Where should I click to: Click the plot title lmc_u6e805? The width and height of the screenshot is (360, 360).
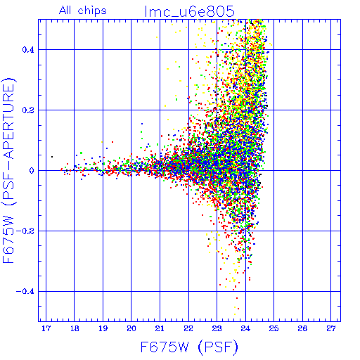pyautogui.click(x=190, y=11)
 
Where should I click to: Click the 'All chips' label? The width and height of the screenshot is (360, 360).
pyautogui.click(x=83, y=11)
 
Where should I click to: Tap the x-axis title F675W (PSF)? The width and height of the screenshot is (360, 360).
pyautogui.click(x=189, y=347)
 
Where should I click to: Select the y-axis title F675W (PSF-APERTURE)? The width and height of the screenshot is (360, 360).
pyautogui.click(x=8, y=171)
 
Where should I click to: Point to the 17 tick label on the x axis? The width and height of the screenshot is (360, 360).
pyautogui.click(x=46, y=328)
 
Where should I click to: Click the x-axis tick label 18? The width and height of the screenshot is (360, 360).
pyautogui.click(x=75, y=328)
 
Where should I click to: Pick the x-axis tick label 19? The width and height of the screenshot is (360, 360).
pyautogui.click(x=103, y=328)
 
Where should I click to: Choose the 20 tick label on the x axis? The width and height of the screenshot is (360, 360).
pyautogui.click(x=131, y=328)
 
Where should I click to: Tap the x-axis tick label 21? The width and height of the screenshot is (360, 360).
pyautogui.click(x=160, y=328)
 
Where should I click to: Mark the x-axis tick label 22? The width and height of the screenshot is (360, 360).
pyautogui.click(x=188, y=328)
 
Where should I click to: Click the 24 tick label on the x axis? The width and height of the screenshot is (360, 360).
pyautogui.click(x=245, y=328)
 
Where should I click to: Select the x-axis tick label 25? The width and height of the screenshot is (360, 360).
pyautogui.click(x=274, y=328)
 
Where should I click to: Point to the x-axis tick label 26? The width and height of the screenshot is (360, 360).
pyautogui.click(x=302, y=328)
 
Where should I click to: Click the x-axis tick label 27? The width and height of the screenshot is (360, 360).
pyautogui.click(x=331, y=328)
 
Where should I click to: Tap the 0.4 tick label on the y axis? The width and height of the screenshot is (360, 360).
pyautogui.click(x=28, y=50)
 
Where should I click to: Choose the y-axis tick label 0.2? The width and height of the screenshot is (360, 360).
pyautogui.click(x=28, y=110)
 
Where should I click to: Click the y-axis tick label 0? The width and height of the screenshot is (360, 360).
pyautogui.click(x=32, y=171)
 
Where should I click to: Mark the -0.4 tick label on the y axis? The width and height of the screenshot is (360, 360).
pyautogui.click(x=25, y=292)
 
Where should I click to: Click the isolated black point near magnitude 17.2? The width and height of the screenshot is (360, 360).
pyautogui.click(x=52, y=157)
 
